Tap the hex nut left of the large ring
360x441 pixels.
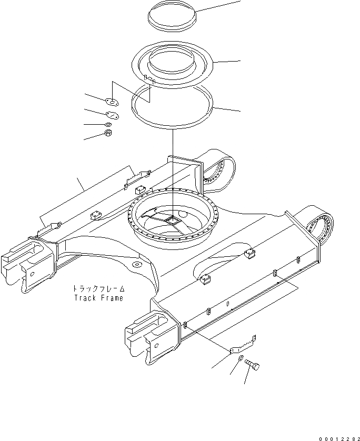[108, 133]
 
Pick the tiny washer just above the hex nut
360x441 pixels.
[108, 124]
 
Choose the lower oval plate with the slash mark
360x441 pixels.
[112, 115]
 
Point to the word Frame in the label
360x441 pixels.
[112, 298]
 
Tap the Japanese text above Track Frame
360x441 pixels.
[98, 289]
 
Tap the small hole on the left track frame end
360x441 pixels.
[31, 274]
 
